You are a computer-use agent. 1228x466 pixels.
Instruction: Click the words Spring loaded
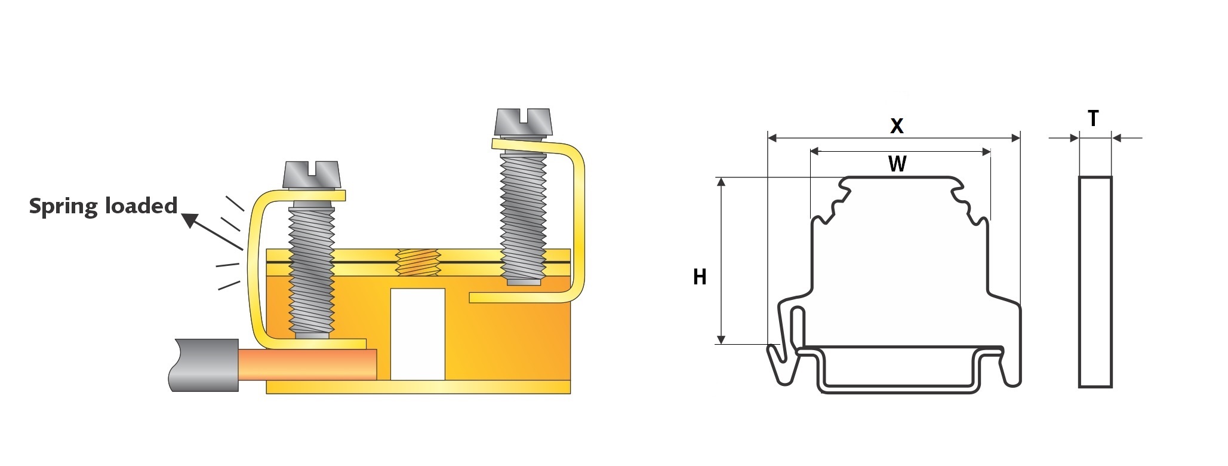pyautogui.click(x=103, y=206)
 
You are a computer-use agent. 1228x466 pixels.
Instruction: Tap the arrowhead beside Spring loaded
pyautogui.click(x=189, y=220)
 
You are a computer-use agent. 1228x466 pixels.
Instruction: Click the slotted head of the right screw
pyautogui.click(x=524, y=121)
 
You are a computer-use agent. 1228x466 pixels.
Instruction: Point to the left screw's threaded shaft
pyautogui.click(x=311, y=269)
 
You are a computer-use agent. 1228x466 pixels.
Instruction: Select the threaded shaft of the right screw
pyautogui.click(x=523, y=215)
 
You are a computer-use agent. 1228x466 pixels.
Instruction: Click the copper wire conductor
pyautogui.click(x=307, y=364)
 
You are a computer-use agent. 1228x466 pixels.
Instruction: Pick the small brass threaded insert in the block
pyautogui.click(x=418, y=262)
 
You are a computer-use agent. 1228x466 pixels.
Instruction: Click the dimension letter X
pyautogui.click(x=897, y=126)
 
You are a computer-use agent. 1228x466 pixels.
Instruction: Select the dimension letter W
pyautogui.click(x=897, y=164)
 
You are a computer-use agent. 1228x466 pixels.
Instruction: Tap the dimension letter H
pyautogui.click(x=700, y=277)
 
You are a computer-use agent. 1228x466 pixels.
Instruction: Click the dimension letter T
pyautogui.click(x=1093, y=119)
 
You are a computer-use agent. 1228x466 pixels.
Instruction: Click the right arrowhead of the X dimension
pyautogui.click(x=1015, y=139)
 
